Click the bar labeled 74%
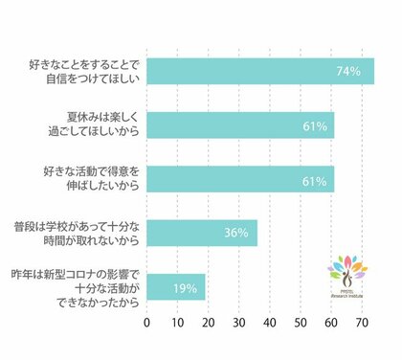click(x=258, y=72)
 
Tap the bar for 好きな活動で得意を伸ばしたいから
click(x=239, y=178)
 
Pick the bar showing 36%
click(x=201, y=233)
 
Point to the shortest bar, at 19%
click(x=175, y=287)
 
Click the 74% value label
click(x=347, y=72)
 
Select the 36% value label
click(x=236, y=233)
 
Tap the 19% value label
click(x=186, y=287)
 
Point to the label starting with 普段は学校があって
click(x=82, y=234)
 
